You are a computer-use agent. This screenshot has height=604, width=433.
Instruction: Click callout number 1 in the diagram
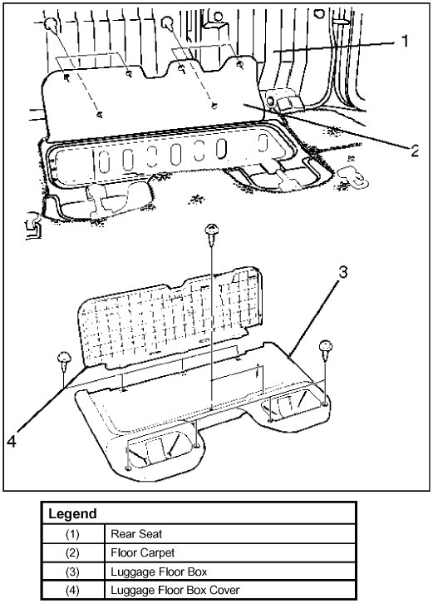point(405,41)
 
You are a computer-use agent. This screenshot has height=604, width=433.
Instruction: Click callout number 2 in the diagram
point(415,151)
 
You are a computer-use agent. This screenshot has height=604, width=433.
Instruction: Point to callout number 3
point(342,272)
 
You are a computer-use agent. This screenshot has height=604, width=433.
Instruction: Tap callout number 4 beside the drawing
point(12,441)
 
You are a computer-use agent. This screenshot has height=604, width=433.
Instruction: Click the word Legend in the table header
point(72,514)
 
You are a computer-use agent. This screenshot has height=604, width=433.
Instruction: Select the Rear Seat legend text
point(136,534)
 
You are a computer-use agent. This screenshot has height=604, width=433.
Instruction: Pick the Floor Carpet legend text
point(142,552)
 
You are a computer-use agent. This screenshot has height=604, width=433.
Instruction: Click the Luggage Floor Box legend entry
point(159,572)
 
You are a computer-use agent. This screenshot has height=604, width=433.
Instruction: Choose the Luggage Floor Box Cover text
point(175,590)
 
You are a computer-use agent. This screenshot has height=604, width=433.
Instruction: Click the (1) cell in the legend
point(72,534)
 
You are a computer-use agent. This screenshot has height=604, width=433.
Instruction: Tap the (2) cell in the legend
point(72,552)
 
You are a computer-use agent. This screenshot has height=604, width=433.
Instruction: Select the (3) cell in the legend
point(72,572)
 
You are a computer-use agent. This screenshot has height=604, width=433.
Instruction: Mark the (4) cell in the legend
point(72,590)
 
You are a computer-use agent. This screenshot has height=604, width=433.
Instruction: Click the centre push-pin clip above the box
point(211,235)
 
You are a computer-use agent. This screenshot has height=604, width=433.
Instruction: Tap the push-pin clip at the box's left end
point(64,359)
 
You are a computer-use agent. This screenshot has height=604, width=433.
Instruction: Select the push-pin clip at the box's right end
point(326,349)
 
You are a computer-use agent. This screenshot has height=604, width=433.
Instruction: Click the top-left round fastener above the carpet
point(51,25)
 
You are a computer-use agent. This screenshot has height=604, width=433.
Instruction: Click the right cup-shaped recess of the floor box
point(292,403)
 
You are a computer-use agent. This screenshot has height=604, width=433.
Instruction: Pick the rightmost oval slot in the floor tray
point(263,143)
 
